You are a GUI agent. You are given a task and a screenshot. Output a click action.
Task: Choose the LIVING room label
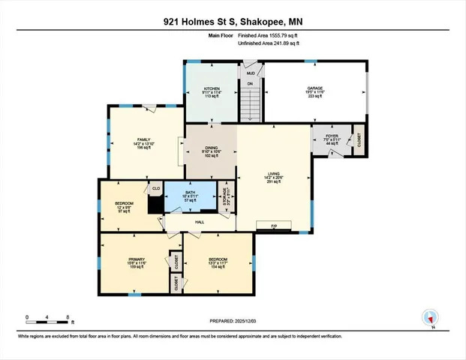click(273, 177)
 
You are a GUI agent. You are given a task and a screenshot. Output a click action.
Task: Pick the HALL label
click(200, 222)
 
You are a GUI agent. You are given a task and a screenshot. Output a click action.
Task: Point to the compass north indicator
click(431, 317)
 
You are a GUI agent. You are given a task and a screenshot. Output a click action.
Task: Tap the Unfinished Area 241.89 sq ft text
click(268, 43)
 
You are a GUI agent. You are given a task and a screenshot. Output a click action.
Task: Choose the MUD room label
click(250, 73)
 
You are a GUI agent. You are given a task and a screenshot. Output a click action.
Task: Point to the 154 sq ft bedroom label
click(217, 262)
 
